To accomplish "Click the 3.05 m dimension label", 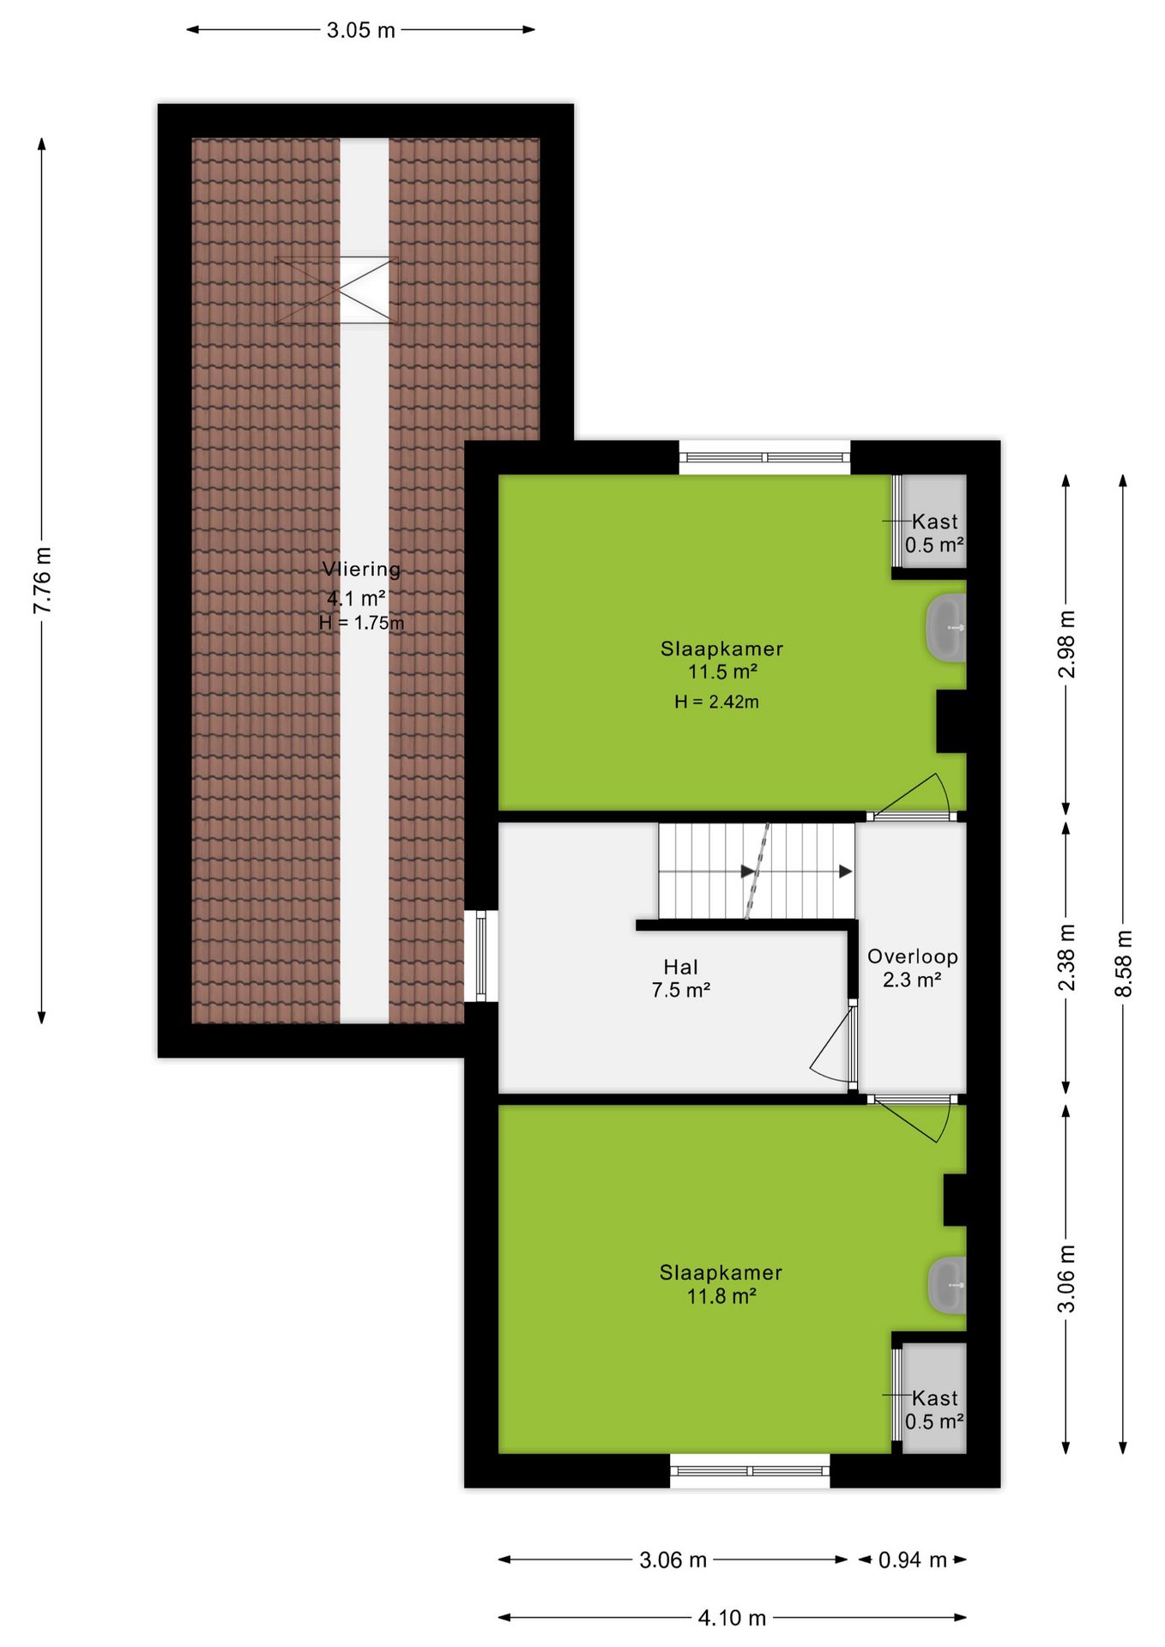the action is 360,30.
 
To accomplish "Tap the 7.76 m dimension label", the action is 42,580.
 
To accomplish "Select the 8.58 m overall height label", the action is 1123,963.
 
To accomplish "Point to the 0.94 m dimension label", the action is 912,1560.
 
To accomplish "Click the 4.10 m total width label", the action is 732,1618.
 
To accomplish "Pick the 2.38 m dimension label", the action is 1065,957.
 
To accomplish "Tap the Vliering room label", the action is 361,569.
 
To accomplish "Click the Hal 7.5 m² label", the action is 681,979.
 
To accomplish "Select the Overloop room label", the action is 913,956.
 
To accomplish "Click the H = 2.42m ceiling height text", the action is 716,702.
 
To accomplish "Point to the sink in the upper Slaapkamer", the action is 946,628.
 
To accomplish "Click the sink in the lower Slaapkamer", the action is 947,1285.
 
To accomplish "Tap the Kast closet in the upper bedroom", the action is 930,521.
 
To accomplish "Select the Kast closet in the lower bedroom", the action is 930,1397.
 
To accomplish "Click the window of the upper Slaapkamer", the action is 764,457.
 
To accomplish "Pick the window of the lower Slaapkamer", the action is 750,1470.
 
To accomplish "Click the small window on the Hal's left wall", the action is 481,956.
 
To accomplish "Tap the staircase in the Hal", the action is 757,872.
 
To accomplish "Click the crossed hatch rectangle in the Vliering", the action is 336,290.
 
